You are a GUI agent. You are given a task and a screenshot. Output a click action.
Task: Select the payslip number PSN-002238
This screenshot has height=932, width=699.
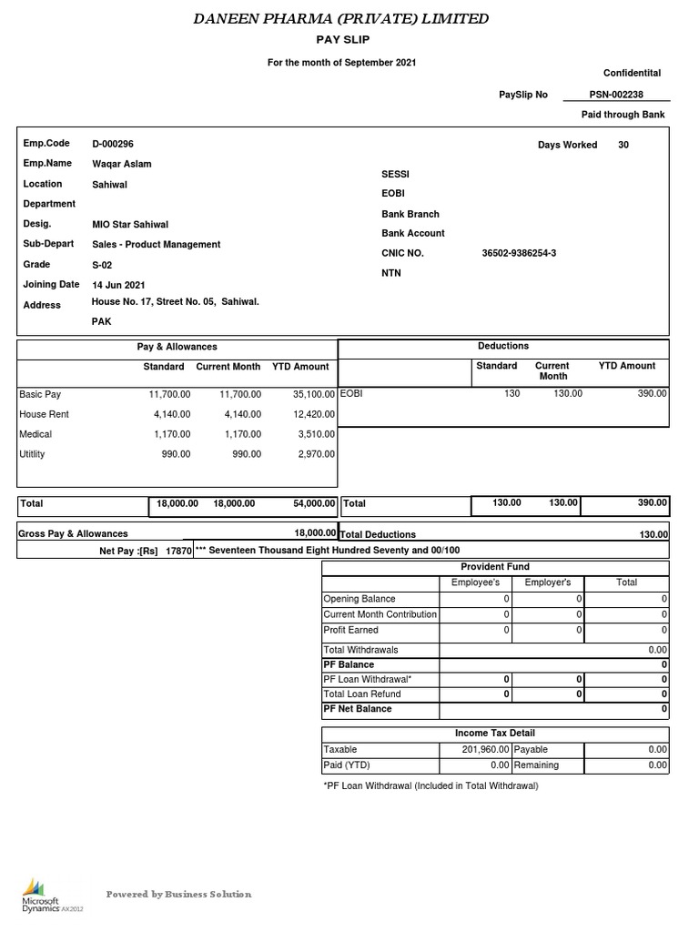point(616,94)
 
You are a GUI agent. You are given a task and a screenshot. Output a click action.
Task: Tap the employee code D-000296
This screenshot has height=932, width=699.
point(113,144)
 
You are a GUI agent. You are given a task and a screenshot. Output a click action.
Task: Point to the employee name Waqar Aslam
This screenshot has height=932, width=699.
point(122,164)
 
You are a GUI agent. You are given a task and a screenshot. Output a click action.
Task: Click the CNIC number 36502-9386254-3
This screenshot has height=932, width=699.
point(518,253)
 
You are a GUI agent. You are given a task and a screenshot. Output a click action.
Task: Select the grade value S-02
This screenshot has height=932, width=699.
point(103,265)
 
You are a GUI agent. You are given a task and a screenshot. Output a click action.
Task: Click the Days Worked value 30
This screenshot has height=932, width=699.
point(623,145)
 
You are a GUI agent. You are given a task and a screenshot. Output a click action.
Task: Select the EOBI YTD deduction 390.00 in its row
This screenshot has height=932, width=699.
point(652,393)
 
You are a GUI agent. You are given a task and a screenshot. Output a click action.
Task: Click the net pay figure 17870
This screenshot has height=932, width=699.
point(178,551)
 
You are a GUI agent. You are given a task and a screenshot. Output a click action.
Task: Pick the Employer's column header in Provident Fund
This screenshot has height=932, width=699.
point(548,582)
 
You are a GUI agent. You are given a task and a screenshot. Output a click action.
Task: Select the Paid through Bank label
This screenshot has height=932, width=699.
point(623,115)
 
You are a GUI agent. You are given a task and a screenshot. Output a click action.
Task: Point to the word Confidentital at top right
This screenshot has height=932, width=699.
point(632,73)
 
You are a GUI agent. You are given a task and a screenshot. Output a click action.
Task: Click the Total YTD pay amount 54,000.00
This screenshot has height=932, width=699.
point(310,503)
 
